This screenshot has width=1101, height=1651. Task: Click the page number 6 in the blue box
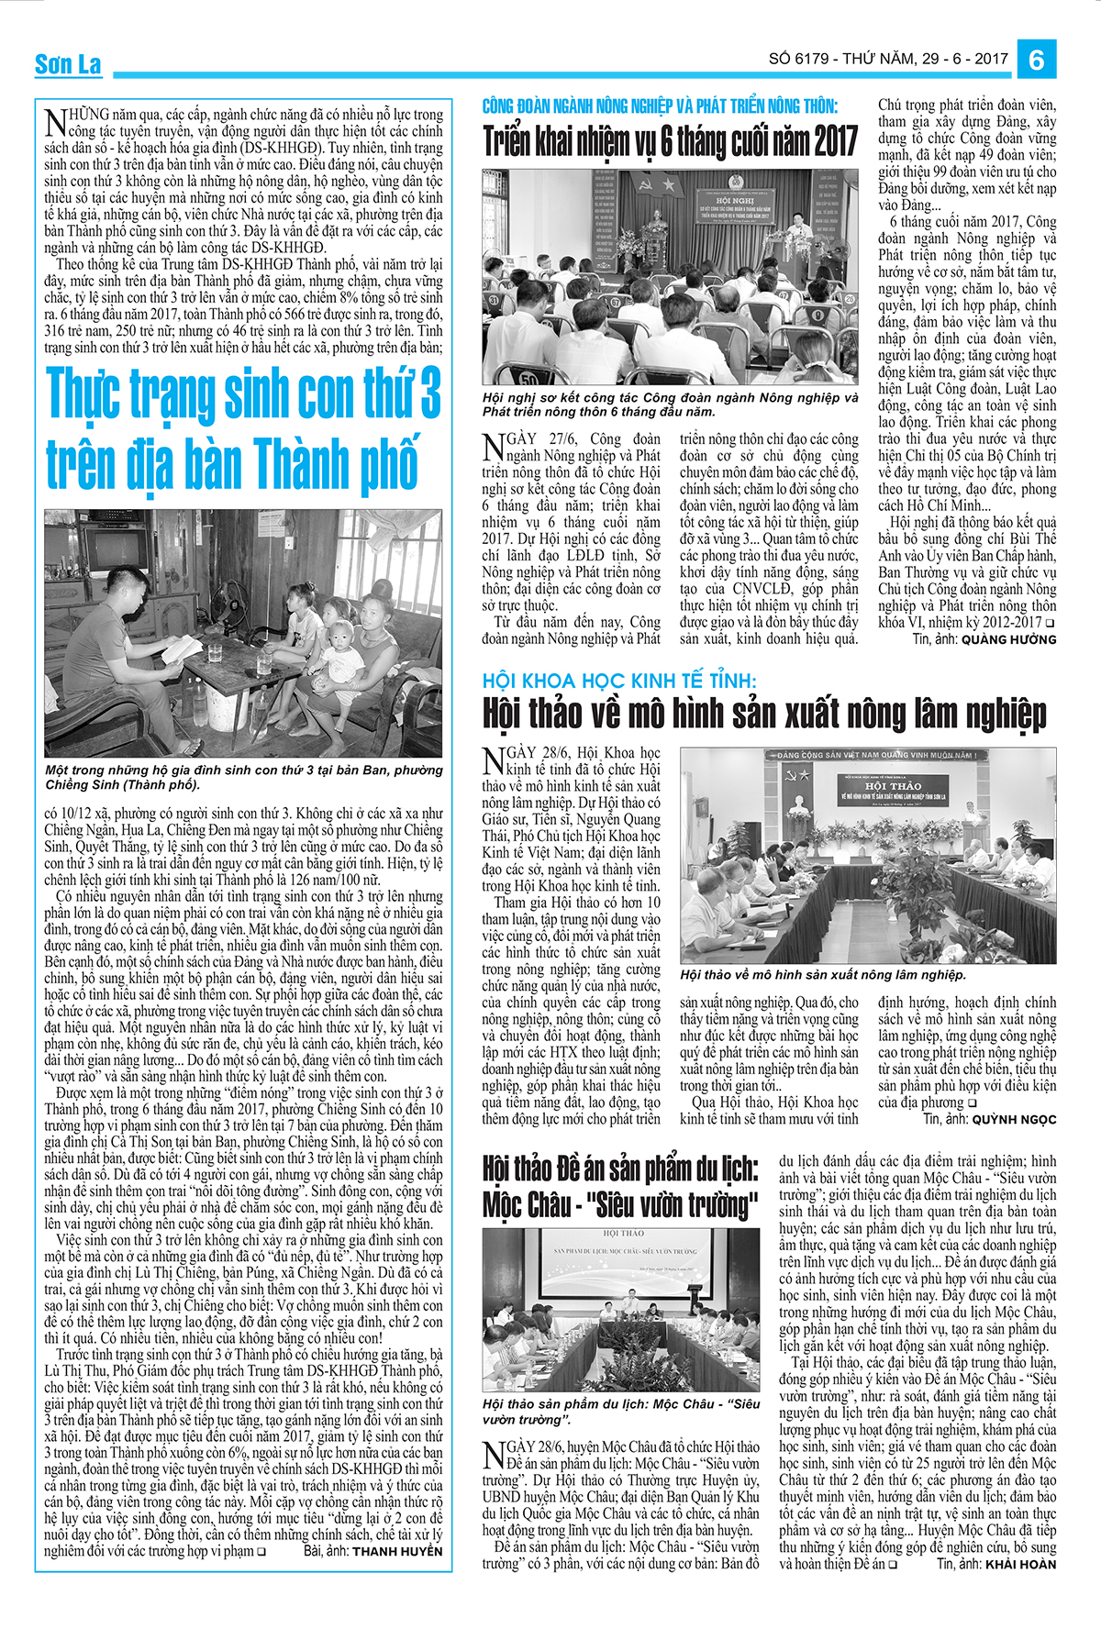[x=1037, y=61]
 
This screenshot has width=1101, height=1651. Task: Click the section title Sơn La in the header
[x=68, y=64]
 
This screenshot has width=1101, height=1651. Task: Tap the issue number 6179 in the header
[x=811, y=60]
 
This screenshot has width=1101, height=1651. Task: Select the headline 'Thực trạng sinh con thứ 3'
[x=243, y=392]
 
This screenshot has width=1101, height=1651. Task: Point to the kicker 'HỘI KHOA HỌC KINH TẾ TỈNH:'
[x=619, y=681]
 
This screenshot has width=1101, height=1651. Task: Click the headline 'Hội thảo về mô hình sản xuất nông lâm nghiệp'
[x=764, y=714]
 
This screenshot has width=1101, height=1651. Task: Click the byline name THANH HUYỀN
[x=397, y=1552]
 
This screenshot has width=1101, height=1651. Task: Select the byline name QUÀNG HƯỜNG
[x=1008, y=639]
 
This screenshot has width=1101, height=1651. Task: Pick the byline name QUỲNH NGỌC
[x=1014, y=1119]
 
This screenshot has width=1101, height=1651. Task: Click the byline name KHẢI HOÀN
[x=1020, y=1565]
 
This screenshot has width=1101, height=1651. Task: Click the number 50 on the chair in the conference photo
[x=529, y=377]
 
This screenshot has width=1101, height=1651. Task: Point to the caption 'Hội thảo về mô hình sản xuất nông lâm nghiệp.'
[x=823, y=975]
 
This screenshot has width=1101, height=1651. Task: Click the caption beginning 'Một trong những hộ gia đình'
[x=243, y=777]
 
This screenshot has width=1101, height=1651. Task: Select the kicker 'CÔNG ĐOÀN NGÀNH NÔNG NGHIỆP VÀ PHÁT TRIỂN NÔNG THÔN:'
[x=660, y=106]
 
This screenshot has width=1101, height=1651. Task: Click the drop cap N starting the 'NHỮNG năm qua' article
[x=54, y=123]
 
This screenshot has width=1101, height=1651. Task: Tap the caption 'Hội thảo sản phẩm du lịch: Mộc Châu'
[x=621, y=1412]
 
